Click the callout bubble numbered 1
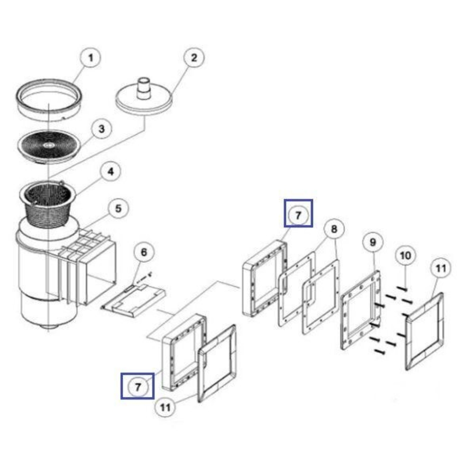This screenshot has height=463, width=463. point(90,57)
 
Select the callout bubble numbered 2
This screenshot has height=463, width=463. point(194,57)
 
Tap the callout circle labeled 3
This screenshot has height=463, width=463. point(102,129)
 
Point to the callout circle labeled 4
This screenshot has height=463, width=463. point(111,171)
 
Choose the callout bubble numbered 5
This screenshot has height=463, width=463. point(118,208)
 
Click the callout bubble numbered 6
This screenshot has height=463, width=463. point(144,252)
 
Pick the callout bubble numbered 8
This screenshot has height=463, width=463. point(334,229)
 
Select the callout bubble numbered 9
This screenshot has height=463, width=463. point(373,242)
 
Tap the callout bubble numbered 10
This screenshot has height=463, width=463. point(406,256)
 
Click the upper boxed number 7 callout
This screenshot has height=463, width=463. point(298,213)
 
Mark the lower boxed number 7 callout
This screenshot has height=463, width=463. point(138,386)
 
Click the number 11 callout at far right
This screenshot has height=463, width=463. point(441,268)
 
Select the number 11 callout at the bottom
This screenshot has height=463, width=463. point(165,407)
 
